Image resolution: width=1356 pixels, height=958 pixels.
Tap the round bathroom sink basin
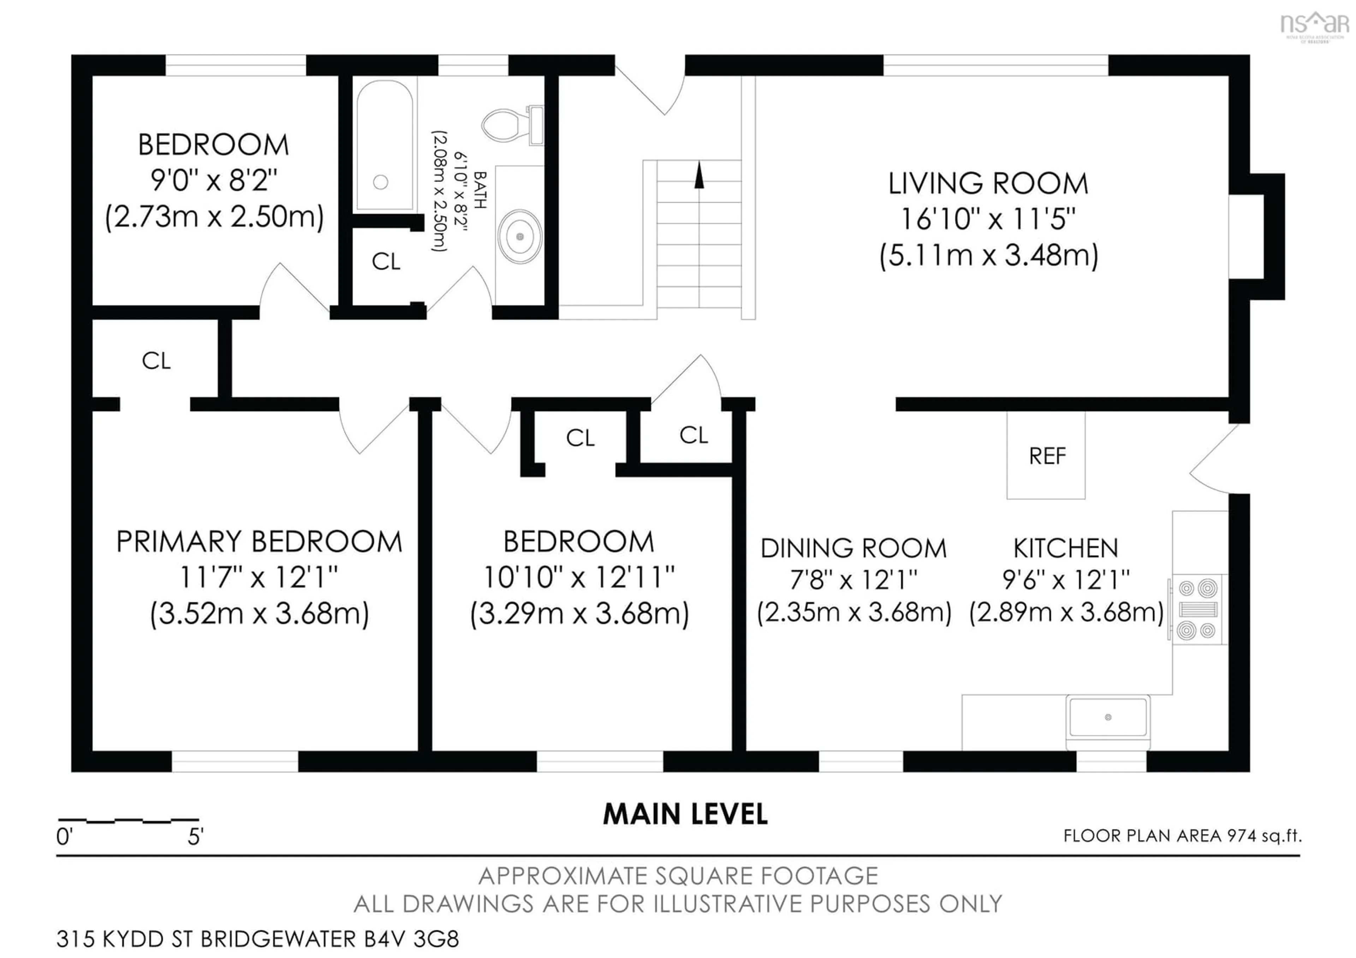tap(520, 236)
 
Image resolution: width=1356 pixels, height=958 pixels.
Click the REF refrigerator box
tap(1046, 455)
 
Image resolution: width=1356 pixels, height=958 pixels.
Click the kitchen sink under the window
tap(1108, 717)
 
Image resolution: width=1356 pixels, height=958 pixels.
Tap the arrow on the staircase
tap(699, 176)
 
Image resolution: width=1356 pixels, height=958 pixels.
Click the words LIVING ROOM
tap(988, 184)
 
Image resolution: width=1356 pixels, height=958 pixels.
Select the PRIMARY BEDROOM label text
tap(259, 542)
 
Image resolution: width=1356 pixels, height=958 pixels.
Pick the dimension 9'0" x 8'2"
tap(214, 180)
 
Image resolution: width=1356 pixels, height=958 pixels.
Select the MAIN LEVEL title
tap(685, 815)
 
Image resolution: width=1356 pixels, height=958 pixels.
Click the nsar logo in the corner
tap(1314, 25)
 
